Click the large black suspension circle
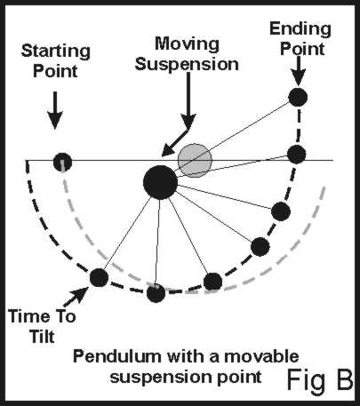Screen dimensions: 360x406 point(160,182)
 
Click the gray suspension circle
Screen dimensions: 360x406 point(195,160)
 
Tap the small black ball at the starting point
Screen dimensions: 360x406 point(62,162)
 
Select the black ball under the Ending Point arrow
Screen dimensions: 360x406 point(298,97)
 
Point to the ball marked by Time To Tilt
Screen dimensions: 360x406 point(99,277)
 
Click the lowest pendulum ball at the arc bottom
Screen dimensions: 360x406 point(156,293)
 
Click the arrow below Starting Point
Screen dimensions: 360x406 point(55,110)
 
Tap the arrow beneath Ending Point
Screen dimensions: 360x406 point(299,70)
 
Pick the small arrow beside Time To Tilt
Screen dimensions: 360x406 point(76,297)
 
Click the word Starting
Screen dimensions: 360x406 point(56,52)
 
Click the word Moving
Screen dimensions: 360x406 point(187,44)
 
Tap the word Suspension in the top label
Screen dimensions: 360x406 point(187,64)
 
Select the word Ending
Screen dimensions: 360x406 point(300,30)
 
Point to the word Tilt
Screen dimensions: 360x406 point(42,336)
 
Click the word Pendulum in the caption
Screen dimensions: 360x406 point(117,356)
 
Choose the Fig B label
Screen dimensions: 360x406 point(320,380)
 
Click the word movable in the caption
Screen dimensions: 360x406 point(261,356)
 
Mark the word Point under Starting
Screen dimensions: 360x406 point(55,71)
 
